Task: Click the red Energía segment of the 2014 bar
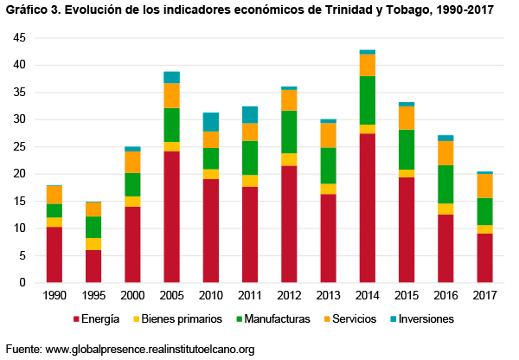tap(368, 208)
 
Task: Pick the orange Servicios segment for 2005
tap(171, 95)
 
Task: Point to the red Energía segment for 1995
tap(93, 266)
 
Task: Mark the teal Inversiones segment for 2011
tap(249, 114)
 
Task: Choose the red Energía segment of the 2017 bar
tap(485, 257)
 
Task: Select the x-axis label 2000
tap(132, 296)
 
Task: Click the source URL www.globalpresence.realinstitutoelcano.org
tap(150, 349)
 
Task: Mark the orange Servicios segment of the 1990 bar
tap(54, 195)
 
